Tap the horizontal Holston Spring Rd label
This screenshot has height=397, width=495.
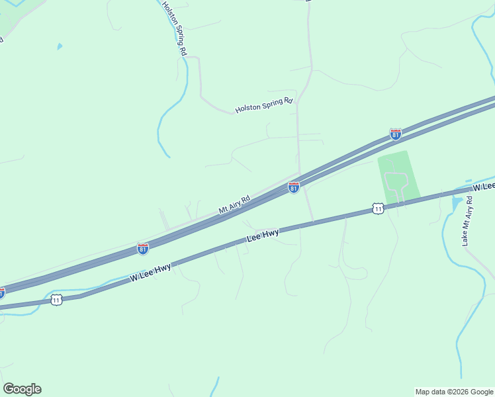pos(264,105)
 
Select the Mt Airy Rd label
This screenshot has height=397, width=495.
pos(235,204)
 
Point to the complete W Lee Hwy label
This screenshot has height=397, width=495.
pos(151,272)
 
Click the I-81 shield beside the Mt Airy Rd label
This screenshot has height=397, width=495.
pos(294,188)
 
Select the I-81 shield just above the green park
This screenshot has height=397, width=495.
pos(395,134)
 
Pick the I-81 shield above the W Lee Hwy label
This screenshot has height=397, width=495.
pos(143,248)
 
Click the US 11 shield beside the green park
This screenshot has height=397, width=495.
pos(377,208)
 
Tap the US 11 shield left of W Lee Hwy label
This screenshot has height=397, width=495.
pos(56,300)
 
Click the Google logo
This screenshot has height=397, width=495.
pos(22,388)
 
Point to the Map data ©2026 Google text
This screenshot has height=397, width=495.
pos(454,392)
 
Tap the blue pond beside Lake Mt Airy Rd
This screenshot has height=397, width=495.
pos(457,204)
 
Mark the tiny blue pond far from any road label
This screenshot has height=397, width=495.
pos(60,46)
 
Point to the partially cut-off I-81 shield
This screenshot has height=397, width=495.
pos(2,292)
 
